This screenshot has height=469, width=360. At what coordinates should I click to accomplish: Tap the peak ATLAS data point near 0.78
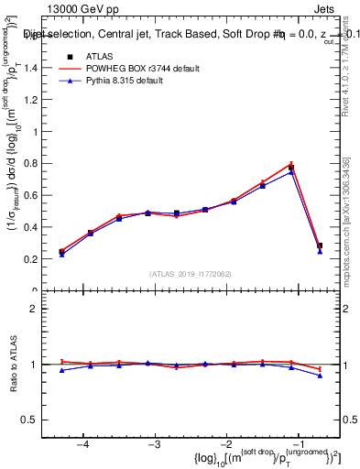pos(291,167)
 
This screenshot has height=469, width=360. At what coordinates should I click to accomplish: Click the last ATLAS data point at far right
pos(320,245)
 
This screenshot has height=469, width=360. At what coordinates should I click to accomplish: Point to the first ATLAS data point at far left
pos(61,251)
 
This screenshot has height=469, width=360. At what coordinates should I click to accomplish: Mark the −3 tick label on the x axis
pos(154,444)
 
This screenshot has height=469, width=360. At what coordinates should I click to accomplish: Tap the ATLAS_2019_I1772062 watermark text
pos(191,273)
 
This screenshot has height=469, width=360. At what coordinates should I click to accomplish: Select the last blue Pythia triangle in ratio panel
pos(320,376)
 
